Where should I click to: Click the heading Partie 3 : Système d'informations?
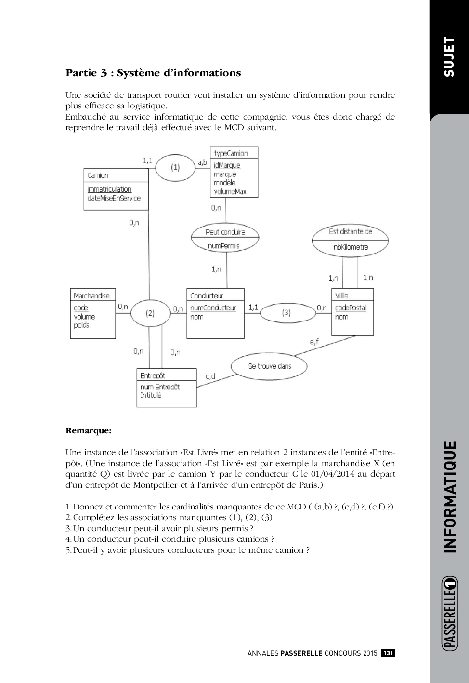tap(153, 73)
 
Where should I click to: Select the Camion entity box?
tap(116, 188)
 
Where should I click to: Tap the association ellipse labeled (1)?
tap(175, 167)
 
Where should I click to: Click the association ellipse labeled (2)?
tap(150, 313)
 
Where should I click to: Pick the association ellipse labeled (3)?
tap(286, 313)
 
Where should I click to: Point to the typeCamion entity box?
tap(234, 172)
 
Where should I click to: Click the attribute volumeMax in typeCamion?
tap(230, 191)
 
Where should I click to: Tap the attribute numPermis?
tap(223, 246)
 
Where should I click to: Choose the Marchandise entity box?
tap(92, 313)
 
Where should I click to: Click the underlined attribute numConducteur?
tap(213, 308)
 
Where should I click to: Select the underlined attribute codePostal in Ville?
tap(351, 308)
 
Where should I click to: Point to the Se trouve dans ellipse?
tap(269, 366)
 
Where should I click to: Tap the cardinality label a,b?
tap(203, 162)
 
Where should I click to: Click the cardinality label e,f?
tap(314, 342)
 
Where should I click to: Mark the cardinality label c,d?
tap(210, 376)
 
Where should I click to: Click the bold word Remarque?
tap(89, 430)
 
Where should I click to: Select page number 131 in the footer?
tap(388, 653)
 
